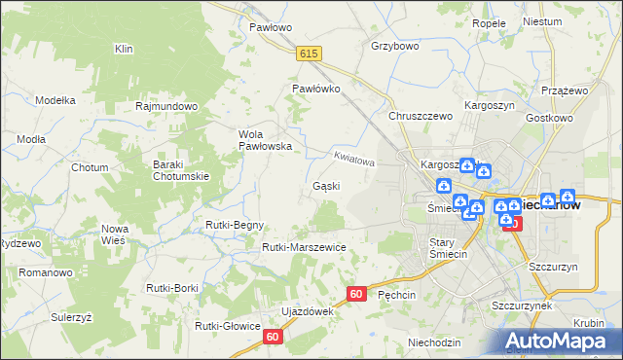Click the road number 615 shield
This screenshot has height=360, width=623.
tap(310, 54)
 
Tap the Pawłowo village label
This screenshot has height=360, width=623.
tap(271, 28)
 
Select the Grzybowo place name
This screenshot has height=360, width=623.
tap(394, 46)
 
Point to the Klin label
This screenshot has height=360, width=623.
tap(124, 49)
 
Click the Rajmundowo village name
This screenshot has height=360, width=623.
tap(167, 106)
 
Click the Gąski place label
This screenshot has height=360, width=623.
tap(325, 186)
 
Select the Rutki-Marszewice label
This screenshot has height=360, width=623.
tap(304, 247)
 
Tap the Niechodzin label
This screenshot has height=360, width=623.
tap(434, 342)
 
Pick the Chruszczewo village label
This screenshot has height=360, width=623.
tap(421, 116)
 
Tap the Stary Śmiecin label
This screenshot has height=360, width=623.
tap(449, 248)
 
